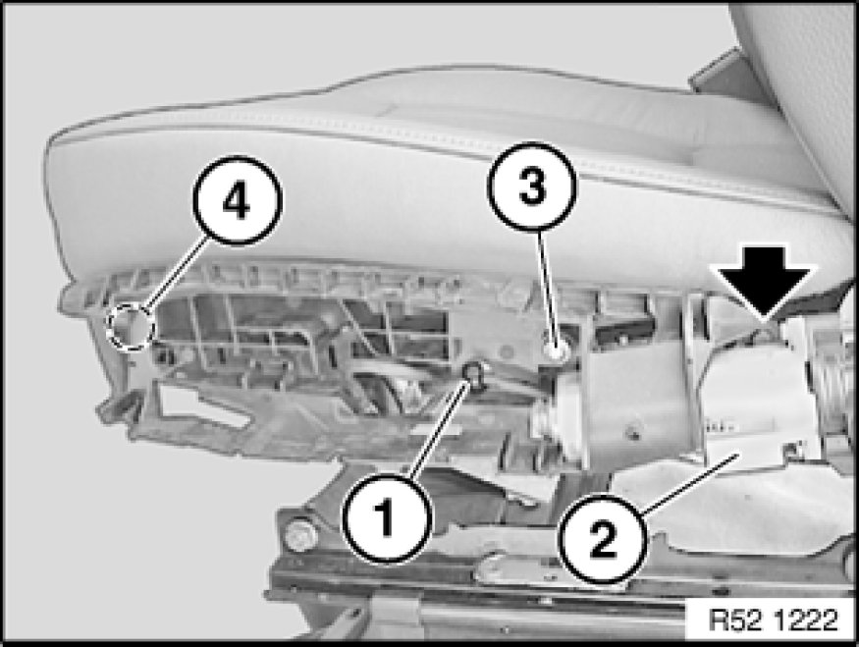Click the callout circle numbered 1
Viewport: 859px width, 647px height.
click(x=387, y=518)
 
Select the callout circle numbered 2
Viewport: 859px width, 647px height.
click(x=603, y=539)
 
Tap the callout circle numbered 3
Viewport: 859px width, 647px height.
click(x=532, y=187)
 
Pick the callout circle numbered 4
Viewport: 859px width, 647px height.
click(x=238, y=200)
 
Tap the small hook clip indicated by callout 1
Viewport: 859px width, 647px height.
click(x=473, y=373)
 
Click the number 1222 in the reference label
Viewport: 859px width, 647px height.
click(x=806, y=620)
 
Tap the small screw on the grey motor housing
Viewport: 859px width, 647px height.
click(x=634, y=434)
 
